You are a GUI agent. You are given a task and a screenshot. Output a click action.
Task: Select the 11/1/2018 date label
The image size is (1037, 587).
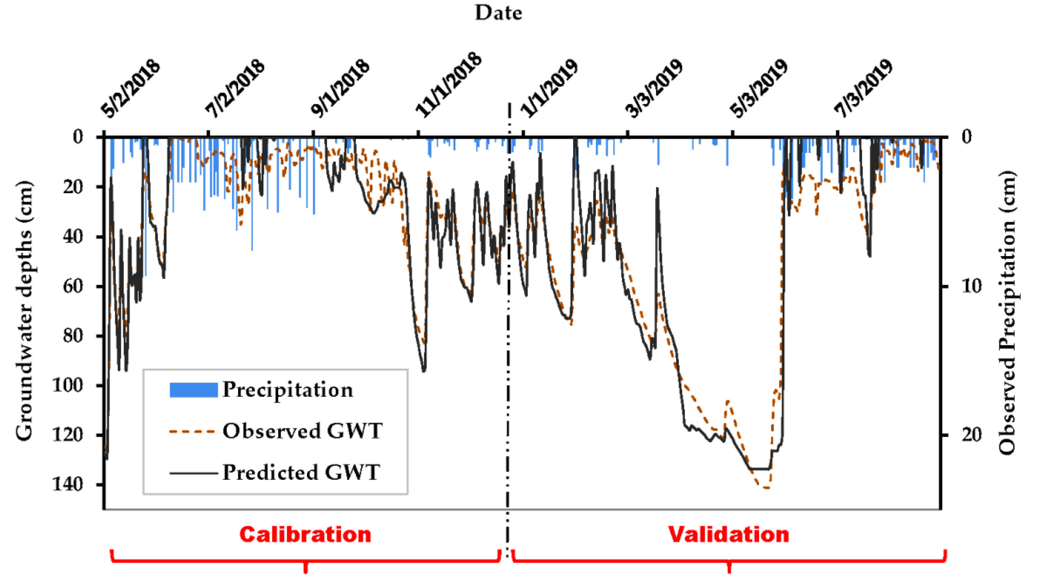tap(449, 85)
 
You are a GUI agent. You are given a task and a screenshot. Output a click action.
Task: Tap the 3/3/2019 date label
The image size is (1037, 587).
tap(654, 90)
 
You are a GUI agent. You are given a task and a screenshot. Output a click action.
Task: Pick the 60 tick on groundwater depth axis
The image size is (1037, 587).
tap(73, 286)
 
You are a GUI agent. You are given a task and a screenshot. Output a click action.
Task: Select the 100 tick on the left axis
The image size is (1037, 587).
tap(67, 385)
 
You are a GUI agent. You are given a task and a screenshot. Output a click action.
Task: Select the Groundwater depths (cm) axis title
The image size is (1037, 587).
tap(24, 310)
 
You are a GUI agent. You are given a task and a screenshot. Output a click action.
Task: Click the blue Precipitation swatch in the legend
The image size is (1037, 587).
tap(193, 390)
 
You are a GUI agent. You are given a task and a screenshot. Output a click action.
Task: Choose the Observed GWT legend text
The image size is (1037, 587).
tap(302, 431)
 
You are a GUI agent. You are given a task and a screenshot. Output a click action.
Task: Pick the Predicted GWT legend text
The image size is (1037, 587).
tap(301, 473)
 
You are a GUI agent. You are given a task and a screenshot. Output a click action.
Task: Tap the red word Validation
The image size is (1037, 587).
tap(728, 535)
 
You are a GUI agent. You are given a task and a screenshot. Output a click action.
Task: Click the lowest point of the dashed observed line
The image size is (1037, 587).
tap(766, 488)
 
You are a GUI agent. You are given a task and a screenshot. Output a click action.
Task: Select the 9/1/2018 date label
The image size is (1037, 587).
tap(340, 90)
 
